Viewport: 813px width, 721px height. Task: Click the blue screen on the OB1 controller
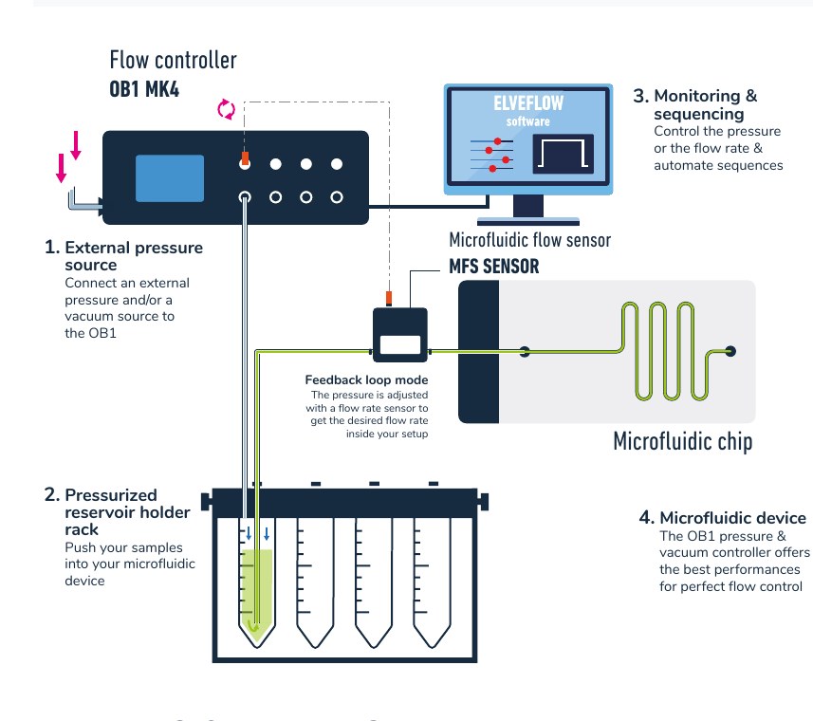coord(170,178)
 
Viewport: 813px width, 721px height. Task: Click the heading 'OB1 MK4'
coord(144,89)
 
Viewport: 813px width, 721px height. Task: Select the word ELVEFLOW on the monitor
coord(528,103)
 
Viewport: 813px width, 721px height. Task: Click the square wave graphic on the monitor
coord(564,154)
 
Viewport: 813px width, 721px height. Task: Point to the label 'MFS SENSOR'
coord(493,267)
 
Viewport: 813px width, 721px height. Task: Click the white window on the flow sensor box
coord(400,344)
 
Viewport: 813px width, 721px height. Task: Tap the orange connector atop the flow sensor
coord(389,298)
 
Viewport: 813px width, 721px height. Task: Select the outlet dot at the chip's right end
coord(730,351)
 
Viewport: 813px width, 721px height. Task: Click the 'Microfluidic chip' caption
coord(682,442)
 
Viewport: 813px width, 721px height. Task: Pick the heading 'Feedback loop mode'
coord(366,379)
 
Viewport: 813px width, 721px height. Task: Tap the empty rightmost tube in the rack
coord(433,581)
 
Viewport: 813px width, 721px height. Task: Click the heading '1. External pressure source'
coord(123,256)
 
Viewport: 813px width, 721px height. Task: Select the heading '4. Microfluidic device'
coord(722,517)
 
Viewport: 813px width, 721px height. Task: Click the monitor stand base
coord(527,222)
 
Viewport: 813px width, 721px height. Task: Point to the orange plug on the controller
coord(246,158)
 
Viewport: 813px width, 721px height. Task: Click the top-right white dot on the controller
coord(337,164)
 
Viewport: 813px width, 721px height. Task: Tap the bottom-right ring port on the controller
coord(337,197)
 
